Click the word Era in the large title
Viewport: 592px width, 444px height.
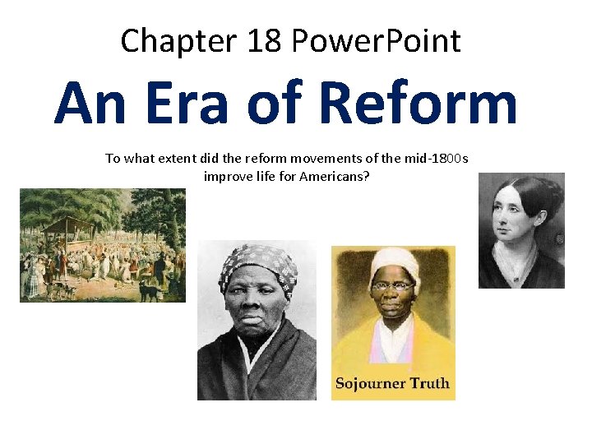click(x=183, y=104)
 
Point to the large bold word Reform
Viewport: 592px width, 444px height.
click(x=418, y=104)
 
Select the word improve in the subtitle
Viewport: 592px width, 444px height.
click(x=225, y=176)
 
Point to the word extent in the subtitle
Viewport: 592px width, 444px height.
click(x=162, y=158)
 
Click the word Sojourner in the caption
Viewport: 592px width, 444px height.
click(x=369, y=383)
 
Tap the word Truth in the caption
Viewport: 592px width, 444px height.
click(x=428, y=383)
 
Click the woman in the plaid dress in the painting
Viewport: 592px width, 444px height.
click(x=35, y=280)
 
